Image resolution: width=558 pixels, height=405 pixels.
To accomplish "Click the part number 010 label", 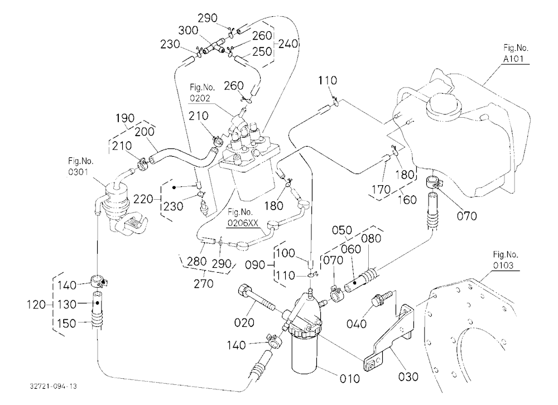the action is [349, 379].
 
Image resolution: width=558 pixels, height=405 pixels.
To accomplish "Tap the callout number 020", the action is [244, 322].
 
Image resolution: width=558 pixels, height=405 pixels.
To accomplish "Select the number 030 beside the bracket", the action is [408, 377].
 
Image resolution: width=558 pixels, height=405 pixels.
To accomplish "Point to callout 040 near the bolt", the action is [357, 324].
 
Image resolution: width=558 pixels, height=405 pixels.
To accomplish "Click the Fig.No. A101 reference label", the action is [515, 53].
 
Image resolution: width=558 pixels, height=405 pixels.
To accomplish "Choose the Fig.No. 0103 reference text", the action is [506, 260].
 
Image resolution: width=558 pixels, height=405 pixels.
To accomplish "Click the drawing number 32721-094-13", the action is [54, 386].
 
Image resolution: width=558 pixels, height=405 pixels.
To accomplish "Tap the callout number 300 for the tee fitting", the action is [188, 30].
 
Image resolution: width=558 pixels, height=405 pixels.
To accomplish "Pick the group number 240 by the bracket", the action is [288, 44].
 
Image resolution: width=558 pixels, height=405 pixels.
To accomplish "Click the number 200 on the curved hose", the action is [145, 132].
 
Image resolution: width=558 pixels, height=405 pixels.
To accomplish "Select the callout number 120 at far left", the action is [36, 305].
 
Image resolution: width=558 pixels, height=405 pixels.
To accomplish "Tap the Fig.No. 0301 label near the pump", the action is [81, 167].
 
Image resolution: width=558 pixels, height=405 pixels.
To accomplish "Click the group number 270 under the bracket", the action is [204, 283].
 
